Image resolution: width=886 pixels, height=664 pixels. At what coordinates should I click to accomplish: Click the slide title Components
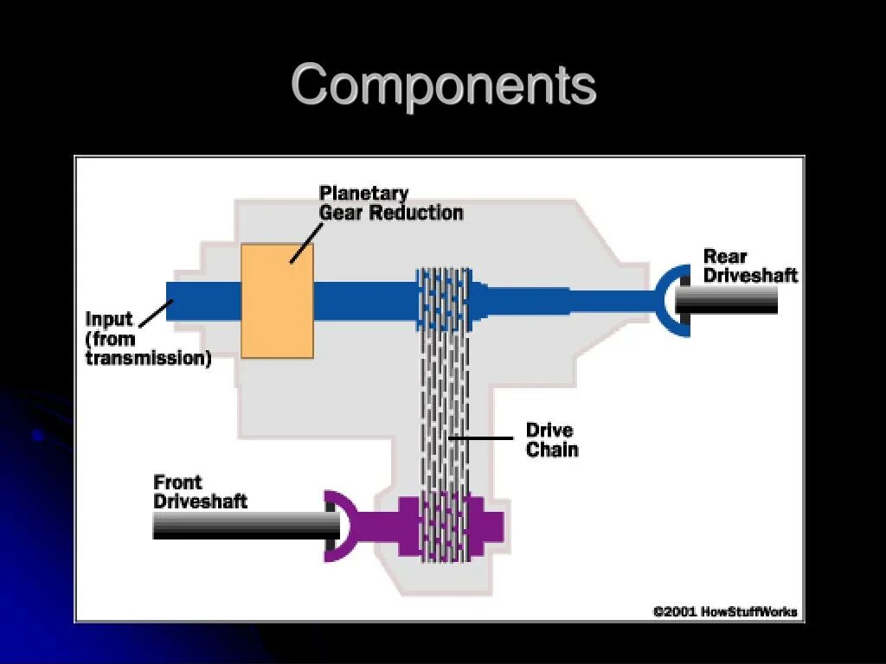443,86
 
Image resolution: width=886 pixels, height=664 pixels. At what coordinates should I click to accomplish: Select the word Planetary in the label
363,193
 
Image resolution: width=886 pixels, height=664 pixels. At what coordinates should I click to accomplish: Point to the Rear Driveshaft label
749,265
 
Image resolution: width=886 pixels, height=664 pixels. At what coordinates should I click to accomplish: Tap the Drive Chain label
551,439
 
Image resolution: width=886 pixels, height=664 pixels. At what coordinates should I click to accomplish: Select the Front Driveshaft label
200,492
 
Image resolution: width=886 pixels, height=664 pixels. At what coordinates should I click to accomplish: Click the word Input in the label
109,319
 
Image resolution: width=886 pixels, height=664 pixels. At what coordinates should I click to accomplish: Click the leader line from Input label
156,313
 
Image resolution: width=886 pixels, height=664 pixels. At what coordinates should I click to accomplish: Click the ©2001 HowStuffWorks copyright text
724,612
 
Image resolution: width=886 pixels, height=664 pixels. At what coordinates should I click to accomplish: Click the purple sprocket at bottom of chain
446,526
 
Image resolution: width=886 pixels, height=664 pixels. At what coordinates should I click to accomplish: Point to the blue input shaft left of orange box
202,301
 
